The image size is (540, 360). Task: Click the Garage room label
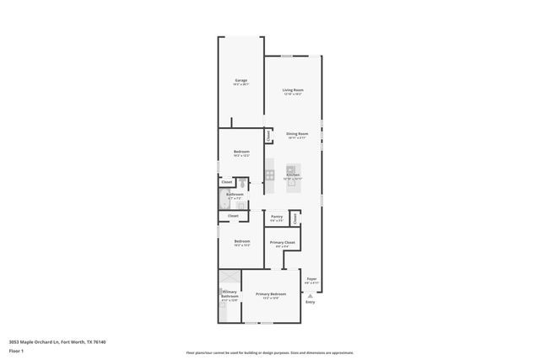240,80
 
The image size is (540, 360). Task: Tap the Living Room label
292,89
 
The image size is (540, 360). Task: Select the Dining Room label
296,133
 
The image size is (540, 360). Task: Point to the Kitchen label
293,175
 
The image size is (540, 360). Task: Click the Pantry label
277,216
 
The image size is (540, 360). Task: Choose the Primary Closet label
283,242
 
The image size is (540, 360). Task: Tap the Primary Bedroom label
271,293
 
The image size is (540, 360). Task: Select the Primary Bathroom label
229,295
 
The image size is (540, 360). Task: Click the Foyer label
311,278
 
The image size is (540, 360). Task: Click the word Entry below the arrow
310,302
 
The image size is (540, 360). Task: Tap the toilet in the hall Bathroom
242,183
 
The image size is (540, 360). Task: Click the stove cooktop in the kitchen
270,175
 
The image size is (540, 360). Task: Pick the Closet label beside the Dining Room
268,135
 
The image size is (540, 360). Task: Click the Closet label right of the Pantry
294,218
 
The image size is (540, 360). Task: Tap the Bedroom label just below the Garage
241,152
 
